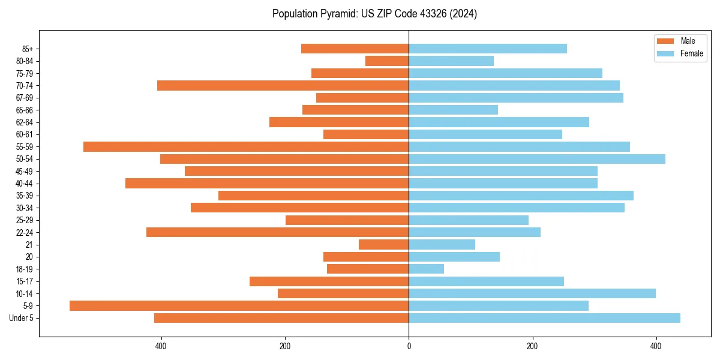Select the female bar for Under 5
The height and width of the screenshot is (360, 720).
(544, 318)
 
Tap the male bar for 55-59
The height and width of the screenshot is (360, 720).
(246, 146)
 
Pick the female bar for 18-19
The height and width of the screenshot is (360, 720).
(427, 269)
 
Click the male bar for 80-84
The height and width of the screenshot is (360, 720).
(387, 61)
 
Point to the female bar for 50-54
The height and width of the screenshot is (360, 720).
(537, 159)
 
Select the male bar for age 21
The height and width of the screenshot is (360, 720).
(384, 244)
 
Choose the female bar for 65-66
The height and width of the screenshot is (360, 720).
(453, 110)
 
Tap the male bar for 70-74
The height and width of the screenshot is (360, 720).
(283, 85)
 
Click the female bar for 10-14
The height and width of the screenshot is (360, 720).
(532, 293)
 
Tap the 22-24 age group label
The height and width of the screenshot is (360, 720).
(25, 232)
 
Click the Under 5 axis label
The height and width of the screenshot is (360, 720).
(21, 318)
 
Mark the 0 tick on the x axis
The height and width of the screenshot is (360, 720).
(409, 346)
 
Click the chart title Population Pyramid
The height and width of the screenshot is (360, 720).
(374, 14)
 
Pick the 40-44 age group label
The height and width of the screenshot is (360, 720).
(25, 184)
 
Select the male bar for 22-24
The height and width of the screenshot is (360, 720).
(277, 232)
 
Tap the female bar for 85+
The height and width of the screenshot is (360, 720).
(488, 49)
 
